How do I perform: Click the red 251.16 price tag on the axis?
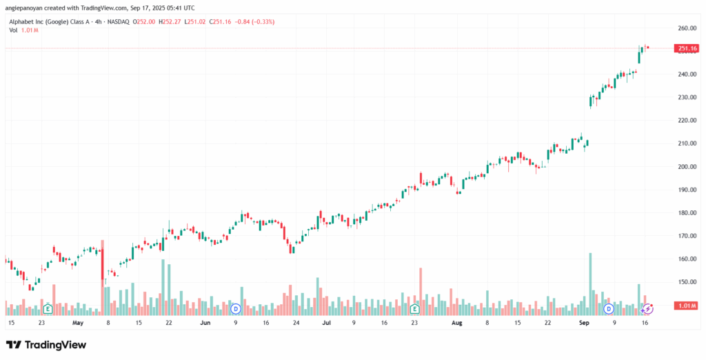click(687, 48)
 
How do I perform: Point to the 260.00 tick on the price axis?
click(686, 28)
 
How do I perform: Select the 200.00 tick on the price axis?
click(686, 167)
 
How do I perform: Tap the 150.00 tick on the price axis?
click(686, 282)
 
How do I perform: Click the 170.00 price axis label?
click(686, 236)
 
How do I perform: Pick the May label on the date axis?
click(77, 322)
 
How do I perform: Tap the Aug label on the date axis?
click(457, 322)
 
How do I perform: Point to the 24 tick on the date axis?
click(296, 322)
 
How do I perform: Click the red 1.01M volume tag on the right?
click(687, 306)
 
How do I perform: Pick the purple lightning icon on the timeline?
click(647, 309)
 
